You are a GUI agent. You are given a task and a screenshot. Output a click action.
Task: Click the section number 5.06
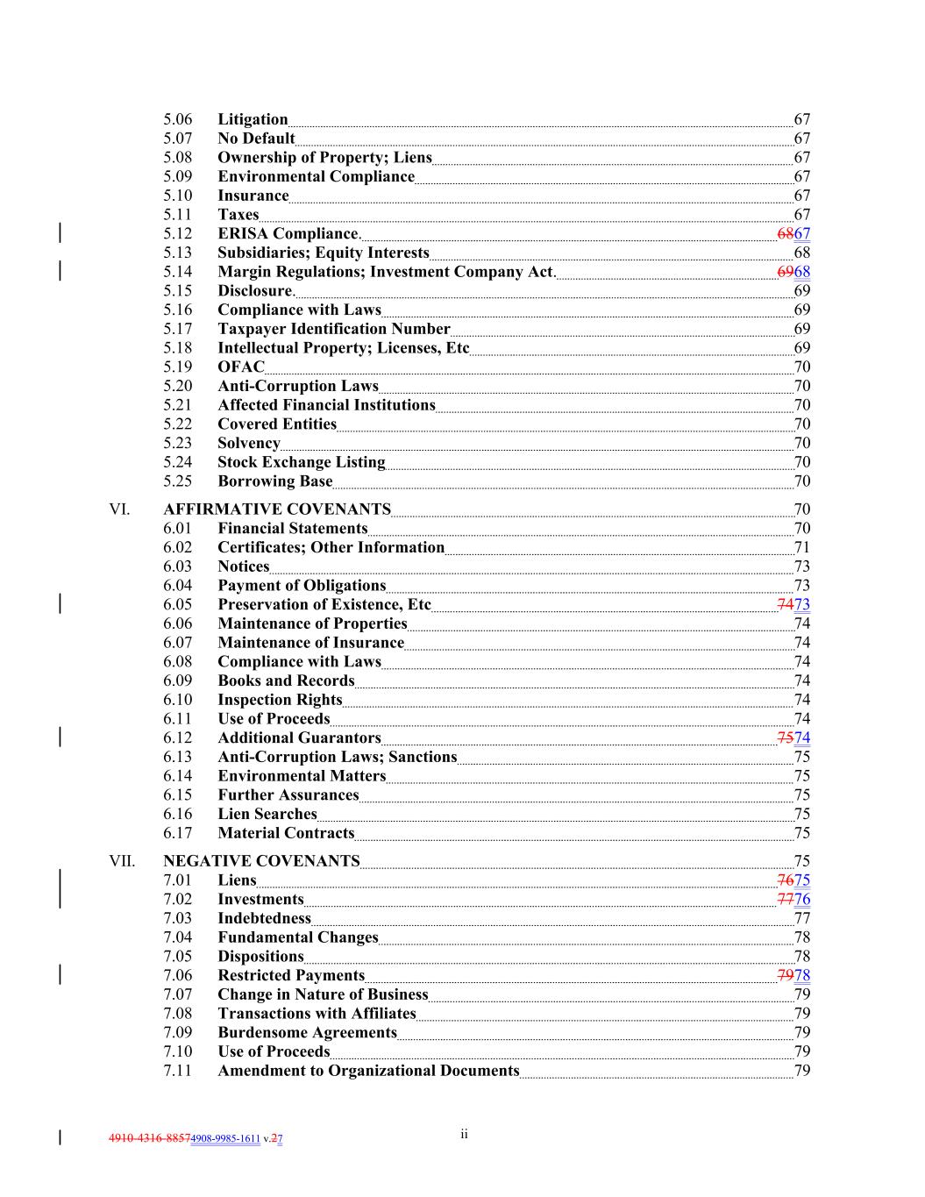click(x=177, y=119)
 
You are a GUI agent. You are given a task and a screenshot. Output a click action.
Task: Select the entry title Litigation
click(x=253, y=119)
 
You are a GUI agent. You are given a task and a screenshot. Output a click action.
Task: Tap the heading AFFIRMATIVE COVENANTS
click(x=277, y=509)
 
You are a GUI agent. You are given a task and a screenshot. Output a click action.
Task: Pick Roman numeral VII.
click(x=122, y=861)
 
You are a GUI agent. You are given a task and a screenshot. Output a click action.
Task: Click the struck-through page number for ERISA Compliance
click(x=785, y=234)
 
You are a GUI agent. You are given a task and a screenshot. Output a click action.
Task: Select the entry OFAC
click(x=240, y=367)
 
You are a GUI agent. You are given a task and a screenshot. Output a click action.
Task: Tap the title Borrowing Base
click(x=274, y=481)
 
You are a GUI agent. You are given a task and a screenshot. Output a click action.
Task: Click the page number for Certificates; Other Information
click(x=801, y=548)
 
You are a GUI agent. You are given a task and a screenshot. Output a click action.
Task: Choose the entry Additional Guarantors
click(x=299, y=738)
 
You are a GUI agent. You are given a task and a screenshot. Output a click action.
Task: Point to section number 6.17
click(x=177, y=833)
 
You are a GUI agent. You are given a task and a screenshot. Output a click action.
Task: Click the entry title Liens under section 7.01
click(x=237, y=880)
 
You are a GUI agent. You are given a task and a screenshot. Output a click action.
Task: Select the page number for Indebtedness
click(x=801, y=919)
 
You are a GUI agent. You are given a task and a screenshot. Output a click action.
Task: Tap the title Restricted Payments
click(x=291, y=976)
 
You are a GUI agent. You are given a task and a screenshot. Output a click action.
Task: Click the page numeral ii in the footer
click(x=464, y=1135)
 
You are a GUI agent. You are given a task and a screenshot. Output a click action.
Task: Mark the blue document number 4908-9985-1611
click(x=225, y=1139)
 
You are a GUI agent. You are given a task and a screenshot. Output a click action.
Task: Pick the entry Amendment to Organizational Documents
click(x=368, y=1071)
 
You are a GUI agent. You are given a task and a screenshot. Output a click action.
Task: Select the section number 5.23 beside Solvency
click(x=177, y=444)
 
